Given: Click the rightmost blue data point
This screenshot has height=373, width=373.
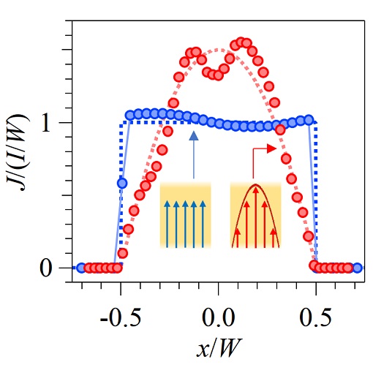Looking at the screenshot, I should [x=357, y=268].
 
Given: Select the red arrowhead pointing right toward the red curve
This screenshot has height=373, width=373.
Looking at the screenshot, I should [x=271, y=148].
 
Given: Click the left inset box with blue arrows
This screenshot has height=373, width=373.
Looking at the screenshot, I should [x=186, y=215].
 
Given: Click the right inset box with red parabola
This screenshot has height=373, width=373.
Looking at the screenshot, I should [x=255, y=215].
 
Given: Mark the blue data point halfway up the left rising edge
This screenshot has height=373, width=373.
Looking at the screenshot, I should [x=122, y=182].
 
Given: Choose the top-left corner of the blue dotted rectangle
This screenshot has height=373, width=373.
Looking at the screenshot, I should [x=121, y=123].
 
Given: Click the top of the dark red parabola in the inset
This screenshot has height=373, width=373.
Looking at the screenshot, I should [x=255, y=186].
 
